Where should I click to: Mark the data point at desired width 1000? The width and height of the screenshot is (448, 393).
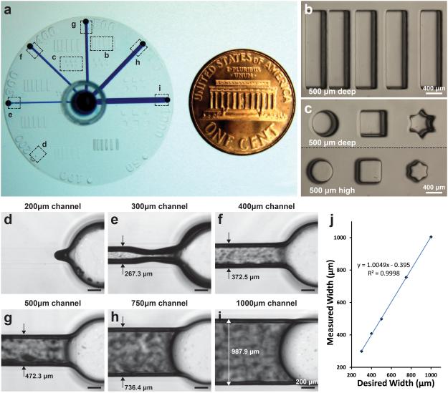coord(430,237)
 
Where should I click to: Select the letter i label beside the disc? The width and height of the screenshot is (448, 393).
coord(159,89)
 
